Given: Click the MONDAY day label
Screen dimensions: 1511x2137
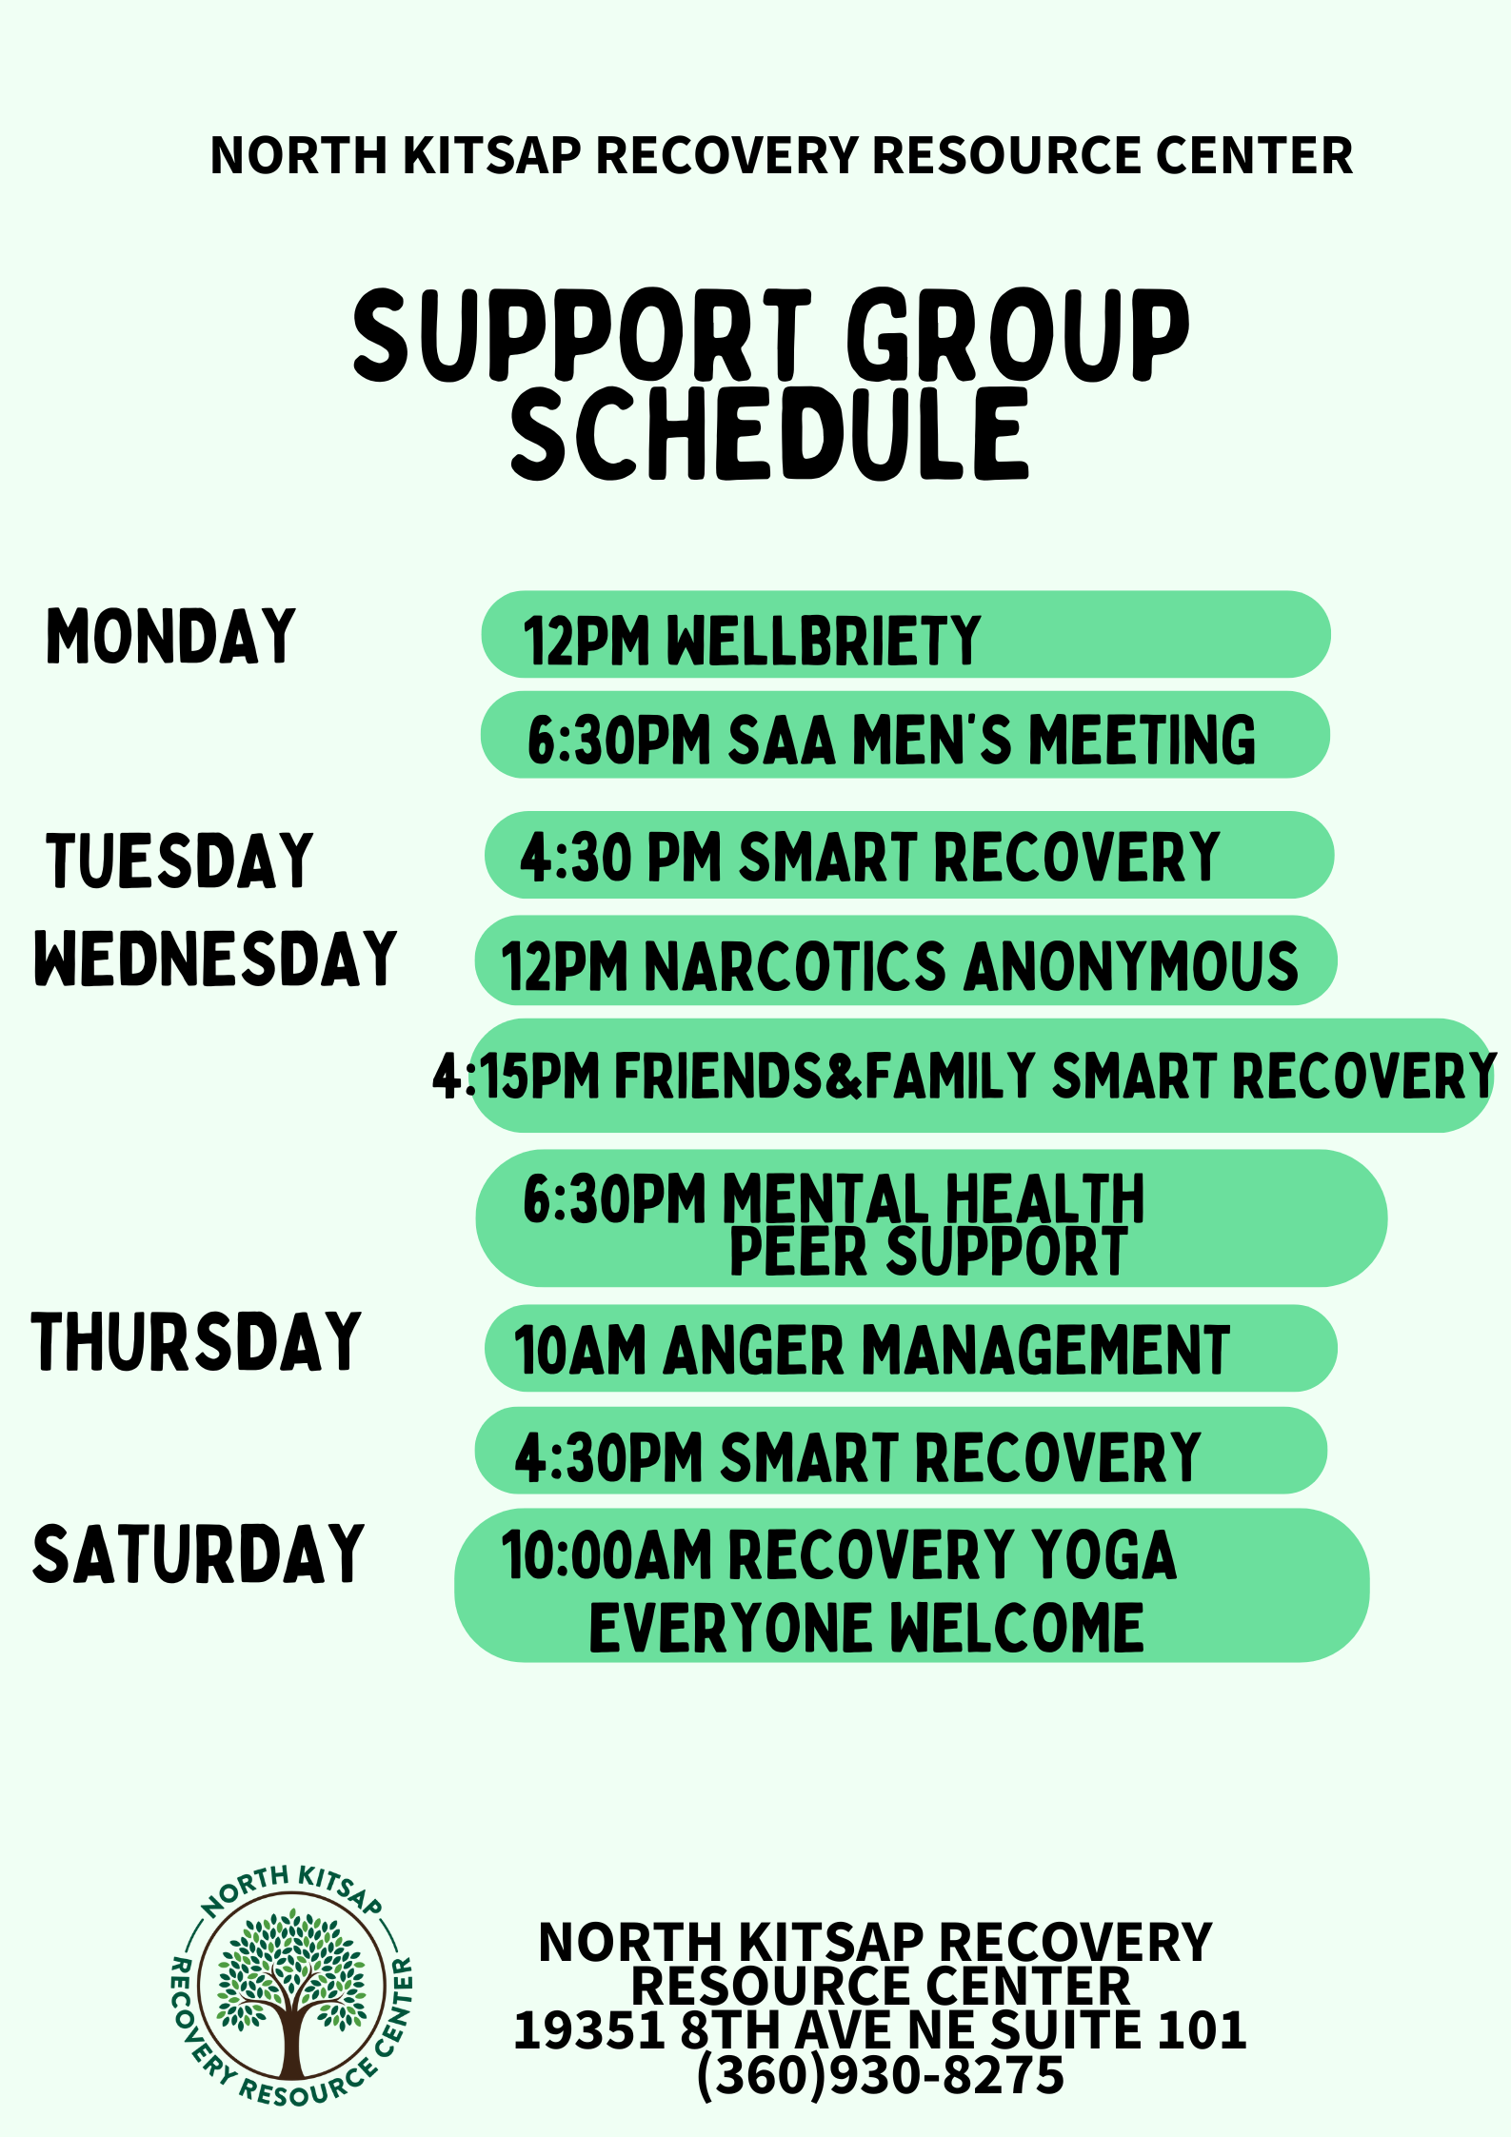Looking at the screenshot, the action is pyautogui.click(x=171, y=636).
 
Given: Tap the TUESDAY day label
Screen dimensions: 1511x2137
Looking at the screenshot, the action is pyautogui.click(x=180, y=861).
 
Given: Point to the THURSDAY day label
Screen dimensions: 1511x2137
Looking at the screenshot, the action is pyautogui.click(x=196, y=1341).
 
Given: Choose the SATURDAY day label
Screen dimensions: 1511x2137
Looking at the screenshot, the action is pyautogui.click(x=198, y=1553).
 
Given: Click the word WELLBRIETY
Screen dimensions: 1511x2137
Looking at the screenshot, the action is pyautogui.click(x=824, y=640).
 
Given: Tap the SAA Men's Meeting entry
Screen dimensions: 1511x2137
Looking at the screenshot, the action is pyautogui.click(x=891, y=740).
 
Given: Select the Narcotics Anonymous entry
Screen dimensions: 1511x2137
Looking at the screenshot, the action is pyautogui.click(x=900, y=966).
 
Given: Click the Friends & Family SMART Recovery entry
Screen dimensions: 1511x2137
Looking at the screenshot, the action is pyautogui.click(x=964, y=1076).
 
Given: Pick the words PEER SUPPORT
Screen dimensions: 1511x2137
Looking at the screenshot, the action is pyautogui.click(x=928, y=1251).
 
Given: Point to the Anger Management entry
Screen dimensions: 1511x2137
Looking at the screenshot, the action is pyautogui.click(x=872, y=1350).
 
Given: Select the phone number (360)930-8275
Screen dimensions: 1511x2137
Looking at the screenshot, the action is pyautogui.click(x=881, y=2075).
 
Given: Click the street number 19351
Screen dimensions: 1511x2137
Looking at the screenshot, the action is pyautogui.click(x=589, y=2030).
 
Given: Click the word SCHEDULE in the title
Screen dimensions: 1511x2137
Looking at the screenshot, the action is pyautogui.click(x=770, y=433).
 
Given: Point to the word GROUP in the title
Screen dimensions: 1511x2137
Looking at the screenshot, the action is pyautogui.click(x=1018, y=335).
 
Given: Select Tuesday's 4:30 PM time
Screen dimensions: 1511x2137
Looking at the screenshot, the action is pyautogui.click(x=621, y=857).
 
